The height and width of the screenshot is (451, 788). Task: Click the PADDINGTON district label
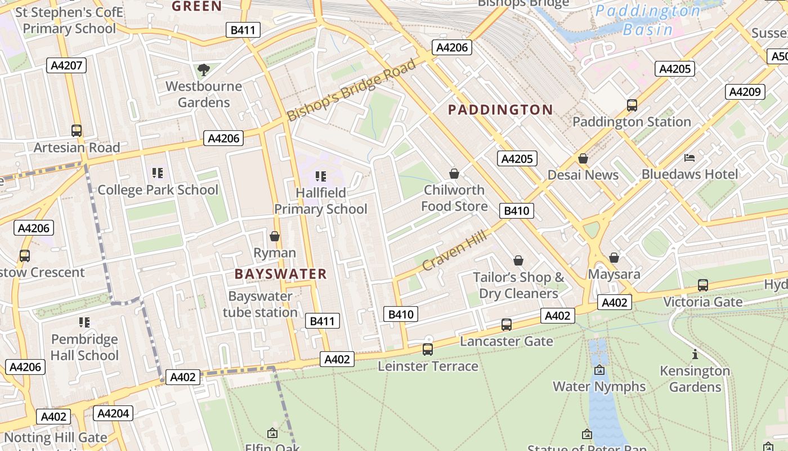tap(500, 109)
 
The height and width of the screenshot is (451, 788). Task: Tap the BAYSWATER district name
tap(280, 274)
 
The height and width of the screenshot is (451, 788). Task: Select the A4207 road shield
tap(66, 65)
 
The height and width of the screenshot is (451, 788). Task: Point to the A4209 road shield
tap(745, 92)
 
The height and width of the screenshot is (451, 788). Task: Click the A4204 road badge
tap(113, 413)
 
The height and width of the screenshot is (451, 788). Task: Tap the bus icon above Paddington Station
tap(632, 105)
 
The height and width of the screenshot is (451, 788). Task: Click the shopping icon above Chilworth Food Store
tap(454, 174)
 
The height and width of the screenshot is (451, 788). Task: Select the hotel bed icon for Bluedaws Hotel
tap(689, 158)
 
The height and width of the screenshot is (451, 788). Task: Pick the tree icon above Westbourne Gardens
tap(204, 70)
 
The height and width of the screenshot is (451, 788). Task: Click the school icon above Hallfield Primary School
tap(321, 176)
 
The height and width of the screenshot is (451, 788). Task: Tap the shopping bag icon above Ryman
tap(275, 236)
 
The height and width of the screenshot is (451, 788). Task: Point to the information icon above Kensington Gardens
tap(695, 355)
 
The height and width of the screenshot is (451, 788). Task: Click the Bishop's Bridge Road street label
tap(352, 90)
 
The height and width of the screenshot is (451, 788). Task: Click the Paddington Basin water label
tap(648, 20)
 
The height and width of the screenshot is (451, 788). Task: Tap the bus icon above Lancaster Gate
tap(507, 325)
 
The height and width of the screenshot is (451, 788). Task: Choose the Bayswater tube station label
tap(260, 304)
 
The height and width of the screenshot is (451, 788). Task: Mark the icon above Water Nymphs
tap(599, 370)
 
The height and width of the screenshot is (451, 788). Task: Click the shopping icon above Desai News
tap(583, 159)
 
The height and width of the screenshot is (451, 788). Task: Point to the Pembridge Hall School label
tap(84, 347)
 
